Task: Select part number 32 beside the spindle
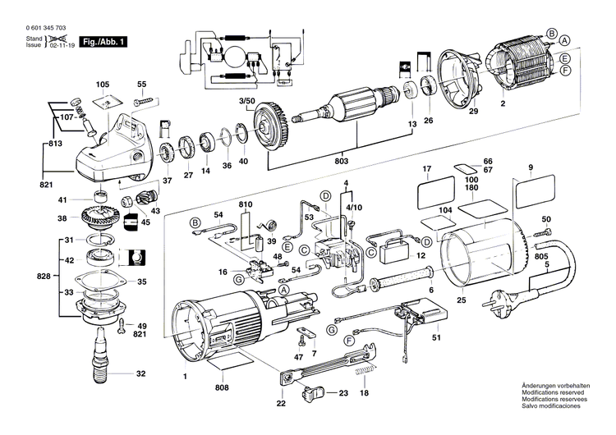(x=140, y=373)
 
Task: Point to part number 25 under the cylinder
(x=461, y=300)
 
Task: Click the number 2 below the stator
(x=502, y=105)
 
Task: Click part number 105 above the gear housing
(x=103, y=85)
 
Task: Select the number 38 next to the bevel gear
(x=62, y=219)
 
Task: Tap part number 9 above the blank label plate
(x=531, y=168)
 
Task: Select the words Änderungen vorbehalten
(x=556, y=386)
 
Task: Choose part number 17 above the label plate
(x=427, y=170)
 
